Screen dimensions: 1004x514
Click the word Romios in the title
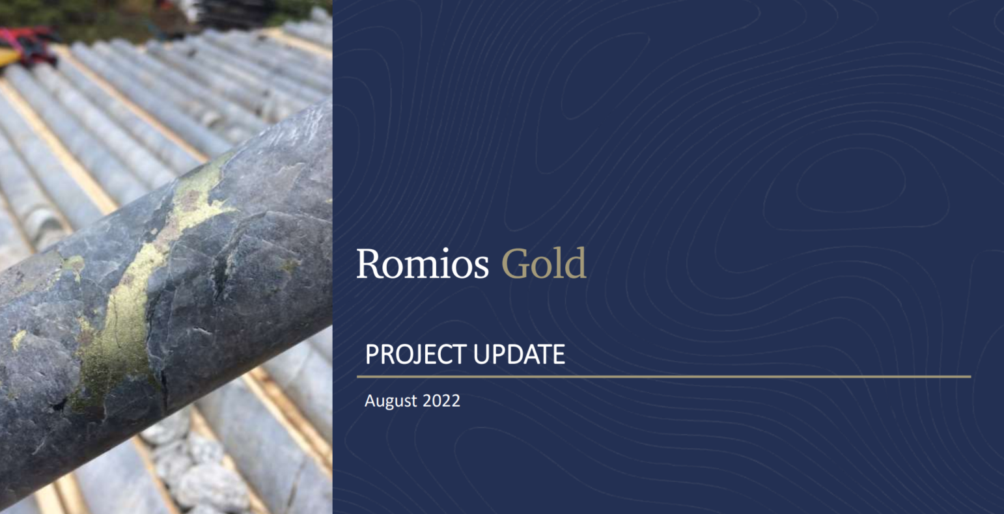pyautogui.click(x=422, y=264)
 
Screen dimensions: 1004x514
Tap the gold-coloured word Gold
pyautogui.click(x=544, y=264)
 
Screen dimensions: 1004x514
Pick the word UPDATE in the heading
pyautogui.click(x=519, y=354)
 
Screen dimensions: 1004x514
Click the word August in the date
pyautogui.click(x=391, y=401)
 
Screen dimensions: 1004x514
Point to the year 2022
pyautogui.click(x=441, y=400)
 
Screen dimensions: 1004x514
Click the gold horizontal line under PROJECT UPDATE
pyautogui.click(x=664, y=377)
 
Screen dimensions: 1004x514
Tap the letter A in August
pyautogui.click(x=370, y=400)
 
